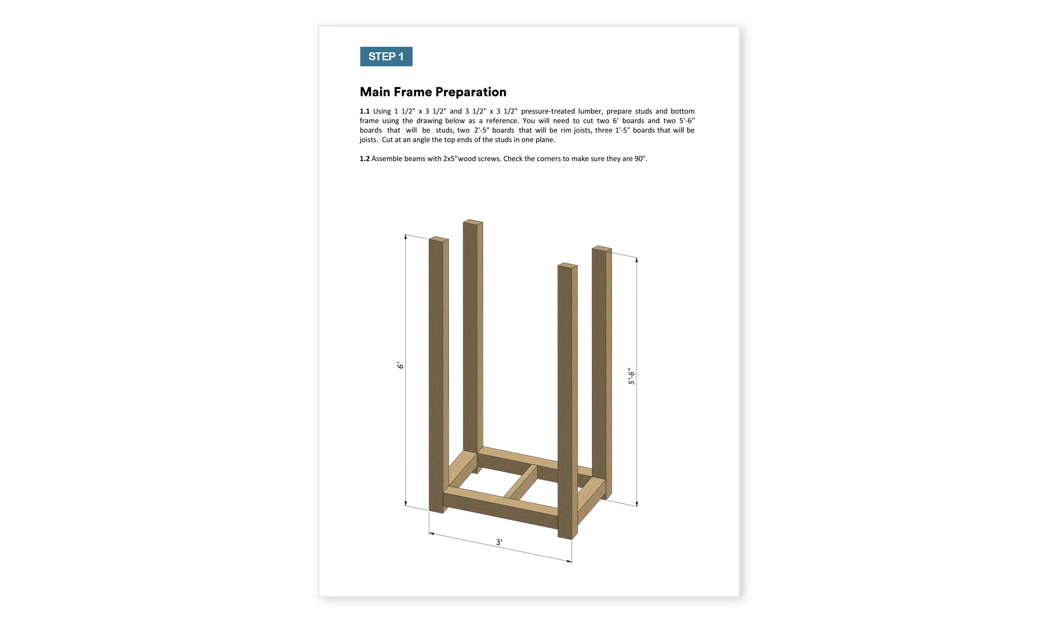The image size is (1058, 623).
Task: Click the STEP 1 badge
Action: pos(386,56)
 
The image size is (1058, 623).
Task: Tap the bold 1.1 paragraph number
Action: pos(365,111)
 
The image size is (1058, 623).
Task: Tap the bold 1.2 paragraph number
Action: pos(365,159)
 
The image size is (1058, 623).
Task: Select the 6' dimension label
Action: pos(400,366)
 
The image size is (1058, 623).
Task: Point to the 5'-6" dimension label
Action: pos(631,376)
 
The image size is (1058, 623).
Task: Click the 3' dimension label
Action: pos(499,542)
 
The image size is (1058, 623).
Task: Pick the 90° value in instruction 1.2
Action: pos(640,159)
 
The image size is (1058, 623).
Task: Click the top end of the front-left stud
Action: pos(439,240)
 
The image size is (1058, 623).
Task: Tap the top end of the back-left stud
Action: pos(473,222)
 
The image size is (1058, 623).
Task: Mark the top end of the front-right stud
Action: pos(567,266)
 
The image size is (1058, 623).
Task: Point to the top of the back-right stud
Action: pos(602,249)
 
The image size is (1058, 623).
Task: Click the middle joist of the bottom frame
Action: pos(521,483)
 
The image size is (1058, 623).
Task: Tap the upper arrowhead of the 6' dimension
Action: pos(405,237)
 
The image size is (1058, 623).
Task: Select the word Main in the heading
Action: pos(375,92)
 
